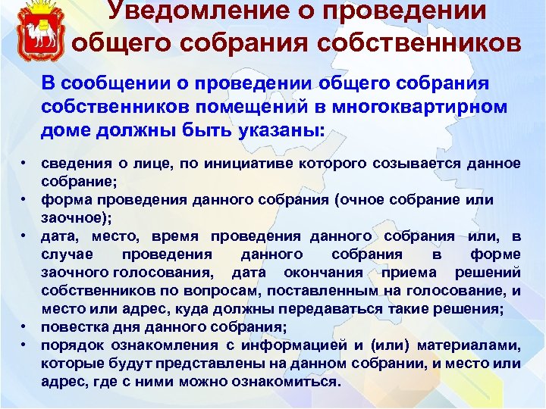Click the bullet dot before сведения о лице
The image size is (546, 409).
tap(26, 163)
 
